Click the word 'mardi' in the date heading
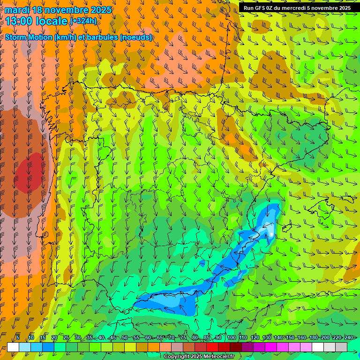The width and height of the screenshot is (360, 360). click(17, 10)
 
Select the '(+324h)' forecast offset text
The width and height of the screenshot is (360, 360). click(83, 21)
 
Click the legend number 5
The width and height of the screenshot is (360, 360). click(18, 337)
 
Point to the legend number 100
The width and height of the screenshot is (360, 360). click(231, 337)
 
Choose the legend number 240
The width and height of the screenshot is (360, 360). click(348, 337)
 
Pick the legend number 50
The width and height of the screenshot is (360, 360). click(124, 337)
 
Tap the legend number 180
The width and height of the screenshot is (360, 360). click(313, 337)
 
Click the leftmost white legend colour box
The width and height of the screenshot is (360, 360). click(13, 347)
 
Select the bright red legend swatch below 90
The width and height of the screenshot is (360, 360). click(212, 347)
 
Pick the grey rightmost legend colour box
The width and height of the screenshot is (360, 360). click(341, 347)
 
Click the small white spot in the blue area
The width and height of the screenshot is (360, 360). click(271, 233)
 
